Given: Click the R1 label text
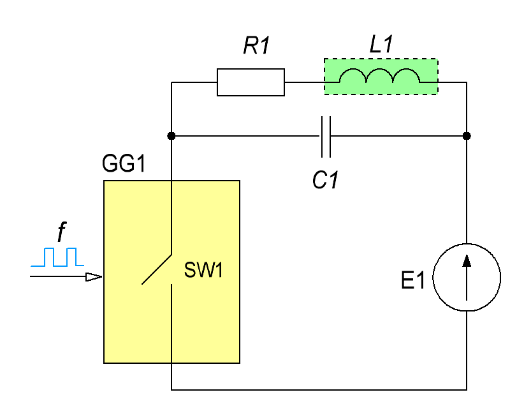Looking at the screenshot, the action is coord(257,45).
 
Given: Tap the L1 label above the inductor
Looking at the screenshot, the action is coord(381,44).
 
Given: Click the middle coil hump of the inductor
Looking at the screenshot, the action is coord(379,70).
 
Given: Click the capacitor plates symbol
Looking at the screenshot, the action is coord(326,137).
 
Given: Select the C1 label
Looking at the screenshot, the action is coord(325,179).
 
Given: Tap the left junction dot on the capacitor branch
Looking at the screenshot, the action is coord(171,136).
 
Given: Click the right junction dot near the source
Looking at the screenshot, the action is coord(467,136).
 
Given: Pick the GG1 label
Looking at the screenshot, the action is coord(124,163).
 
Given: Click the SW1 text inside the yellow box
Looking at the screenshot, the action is coord(203,270).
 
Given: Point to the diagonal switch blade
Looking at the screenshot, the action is coord(156,269).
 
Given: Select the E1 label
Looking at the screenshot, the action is coord(412,280).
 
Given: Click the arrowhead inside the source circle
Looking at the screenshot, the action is coord(467,261).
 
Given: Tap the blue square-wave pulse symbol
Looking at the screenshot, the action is coord(57,257).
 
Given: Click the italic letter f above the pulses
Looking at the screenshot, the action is coord(61,232).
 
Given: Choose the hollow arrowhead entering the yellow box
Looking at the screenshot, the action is coord(94,277).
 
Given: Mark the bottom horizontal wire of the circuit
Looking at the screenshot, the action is coord(319,390).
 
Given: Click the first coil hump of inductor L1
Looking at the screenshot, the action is coord(353,70).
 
